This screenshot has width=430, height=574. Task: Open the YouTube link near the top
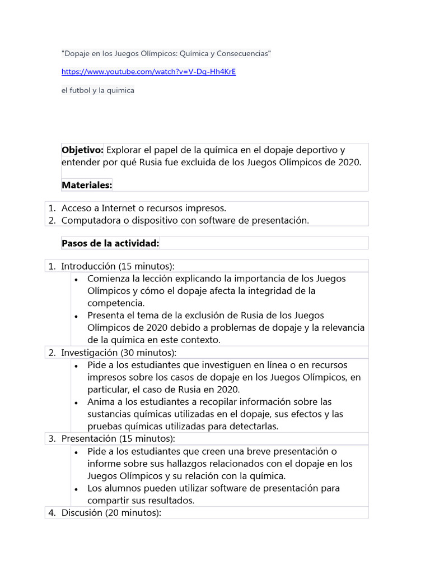click(148, 72)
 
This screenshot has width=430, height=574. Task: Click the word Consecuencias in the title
click(242, 53)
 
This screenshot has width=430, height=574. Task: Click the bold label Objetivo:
click(82, 150)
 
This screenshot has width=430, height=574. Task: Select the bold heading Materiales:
click(87, 185)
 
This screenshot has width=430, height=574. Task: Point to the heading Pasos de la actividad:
click(110, 243)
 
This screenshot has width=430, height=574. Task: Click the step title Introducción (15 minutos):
click(118, 266)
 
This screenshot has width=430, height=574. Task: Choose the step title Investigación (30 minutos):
click(119, 353)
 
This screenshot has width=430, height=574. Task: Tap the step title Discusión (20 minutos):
click(111, 513)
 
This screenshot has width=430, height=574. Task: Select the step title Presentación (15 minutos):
click(118, 438)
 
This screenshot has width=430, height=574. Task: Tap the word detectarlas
click(250, 427)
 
